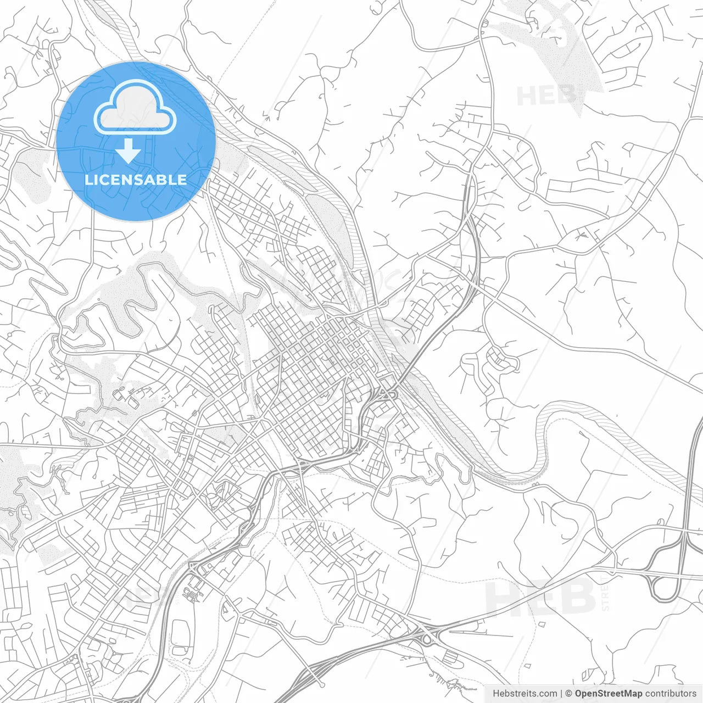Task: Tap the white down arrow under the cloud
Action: (128, 151)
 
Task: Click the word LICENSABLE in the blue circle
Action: (136, 180)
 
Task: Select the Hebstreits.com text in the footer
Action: (525, 694)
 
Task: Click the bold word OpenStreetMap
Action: (609, 694)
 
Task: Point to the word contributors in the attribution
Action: (671, 694)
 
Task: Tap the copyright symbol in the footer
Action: (569, 694)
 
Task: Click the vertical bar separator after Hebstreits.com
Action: (562, 694)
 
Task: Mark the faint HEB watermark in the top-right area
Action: (546, 96)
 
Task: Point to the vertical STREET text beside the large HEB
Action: (605, 594)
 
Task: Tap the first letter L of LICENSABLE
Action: (88, 180)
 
